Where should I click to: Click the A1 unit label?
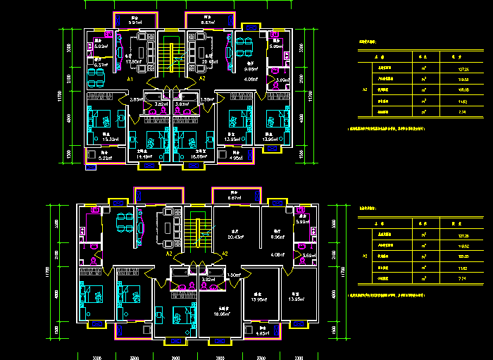130,80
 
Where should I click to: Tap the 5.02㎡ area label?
101,46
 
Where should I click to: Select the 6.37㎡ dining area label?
101,65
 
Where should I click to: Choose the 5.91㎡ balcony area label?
136,23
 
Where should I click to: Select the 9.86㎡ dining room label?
251,68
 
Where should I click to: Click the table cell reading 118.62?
462,246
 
